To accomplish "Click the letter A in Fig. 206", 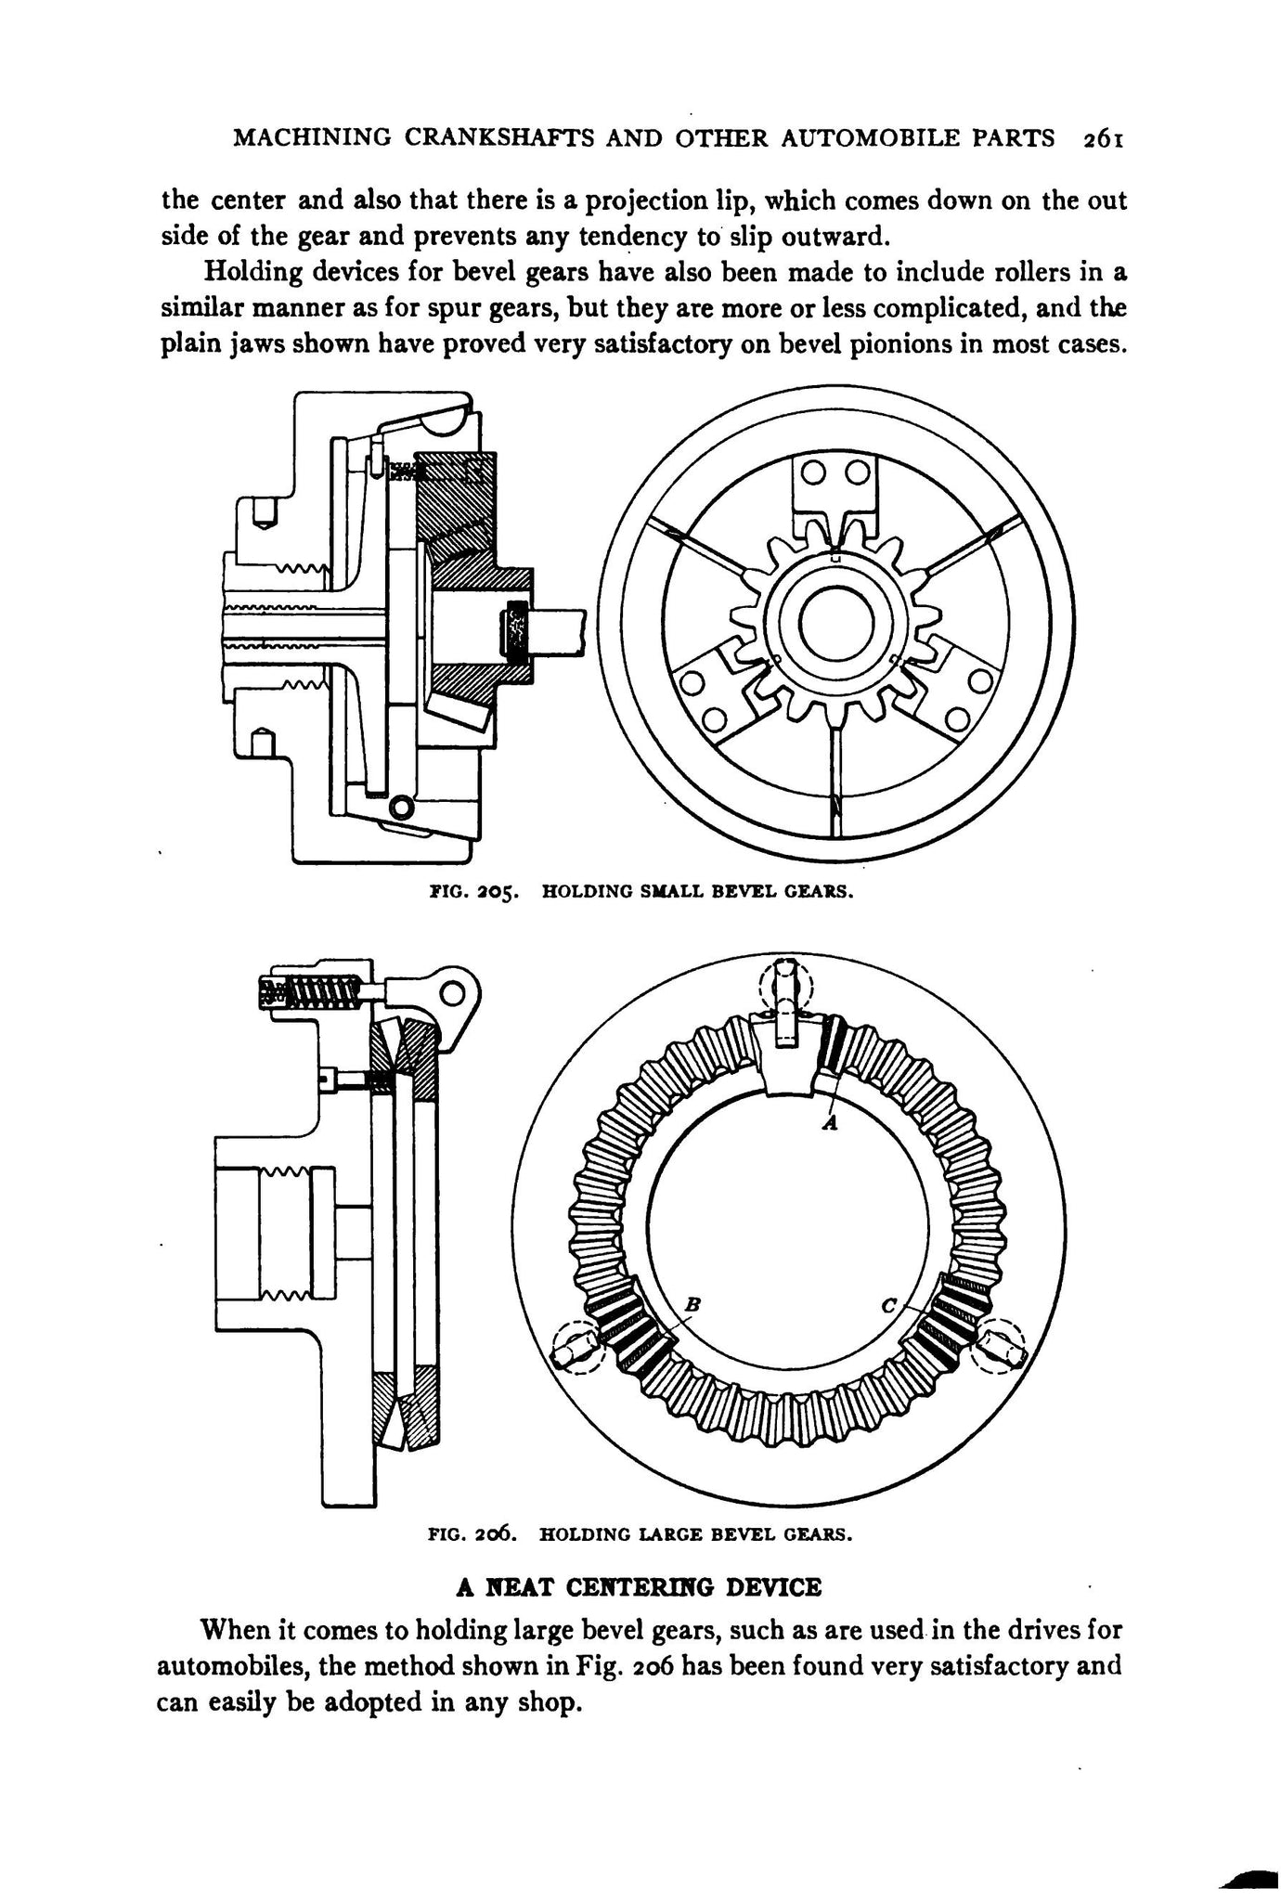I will [x=831, y=1123].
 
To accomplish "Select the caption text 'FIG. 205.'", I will [x=473, y=893].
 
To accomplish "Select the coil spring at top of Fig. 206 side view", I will [x=313, y=993].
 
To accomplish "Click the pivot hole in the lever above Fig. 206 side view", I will [x=452, y=993].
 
